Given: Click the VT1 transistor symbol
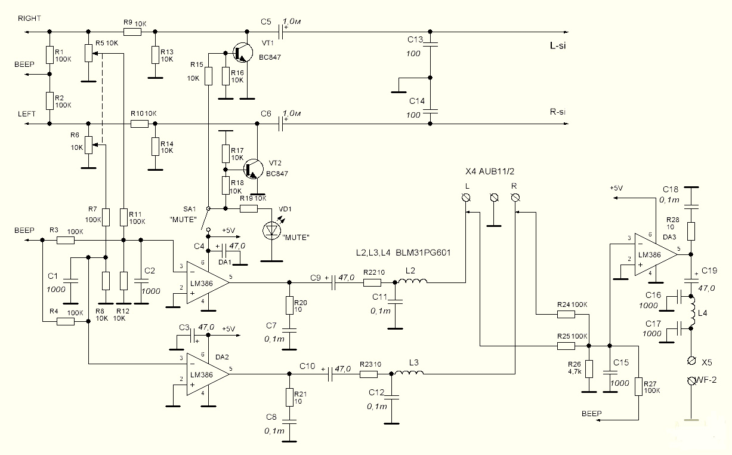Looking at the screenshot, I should point(242,52).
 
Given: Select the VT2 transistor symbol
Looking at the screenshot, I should point(253,170).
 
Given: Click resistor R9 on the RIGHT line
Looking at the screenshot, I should point(132,32).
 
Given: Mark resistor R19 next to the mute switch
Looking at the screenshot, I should point(249,208).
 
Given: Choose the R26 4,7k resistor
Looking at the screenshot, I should point(589,369).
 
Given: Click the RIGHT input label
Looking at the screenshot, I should point(29,19).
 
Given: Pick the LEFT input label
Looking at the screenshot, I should point(27,113).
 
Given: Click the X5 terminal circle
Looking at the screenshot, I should point(691,361).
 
